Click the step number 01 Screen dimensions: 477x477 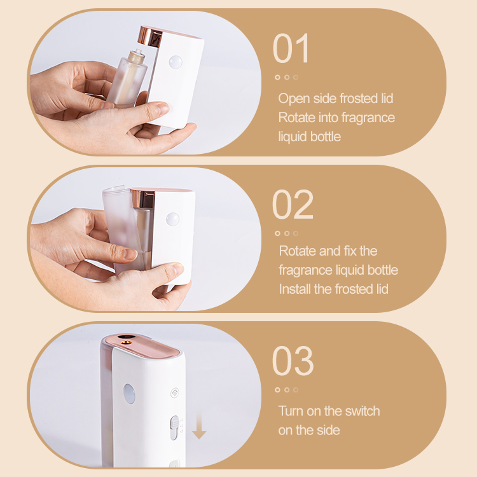pyautogui.click(x=291, y=48)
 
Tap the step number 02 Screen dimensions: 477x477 pyautogui.click(x=293, y=204)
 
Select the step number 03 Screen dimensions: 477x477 pyautogui.click(x=293, y=361)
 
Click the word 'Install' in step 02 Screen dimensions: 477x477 pyautogui.click(x=294, y=289)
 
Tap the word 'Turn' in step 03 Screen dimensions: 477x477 pyautogui.click(x=291, y=411)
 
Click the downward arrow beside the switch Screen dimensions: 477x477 pyautogui.click(x=199, y=426)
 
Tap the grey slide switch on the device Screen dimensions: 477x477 pyautogui.click(x=174, y=428)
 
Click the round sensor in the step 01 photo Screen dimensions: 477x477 pyautogui.click(x=176, y=62)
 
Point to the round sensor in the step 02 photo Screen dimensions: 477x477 pyautogui.click(x=172, y=219)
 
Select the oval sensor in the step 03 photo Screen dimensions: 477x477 pyautogui.click(x=129, y=394)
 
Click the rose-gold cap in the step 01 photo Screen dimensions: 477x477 pyautogui.click(x=150, y=36)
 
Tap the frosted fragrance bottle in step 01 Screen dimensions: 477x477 pyautogui.click(x=127, y=79)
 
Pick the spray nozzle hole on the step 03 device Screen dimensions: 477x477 pyautogui.click(x=124, y=343)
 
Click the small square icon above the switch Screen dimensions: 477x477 pyautogui.click(x=175, y=393)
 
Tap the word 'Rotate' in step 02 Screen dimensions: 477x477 pyautogui.click(x=297, y=251)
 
